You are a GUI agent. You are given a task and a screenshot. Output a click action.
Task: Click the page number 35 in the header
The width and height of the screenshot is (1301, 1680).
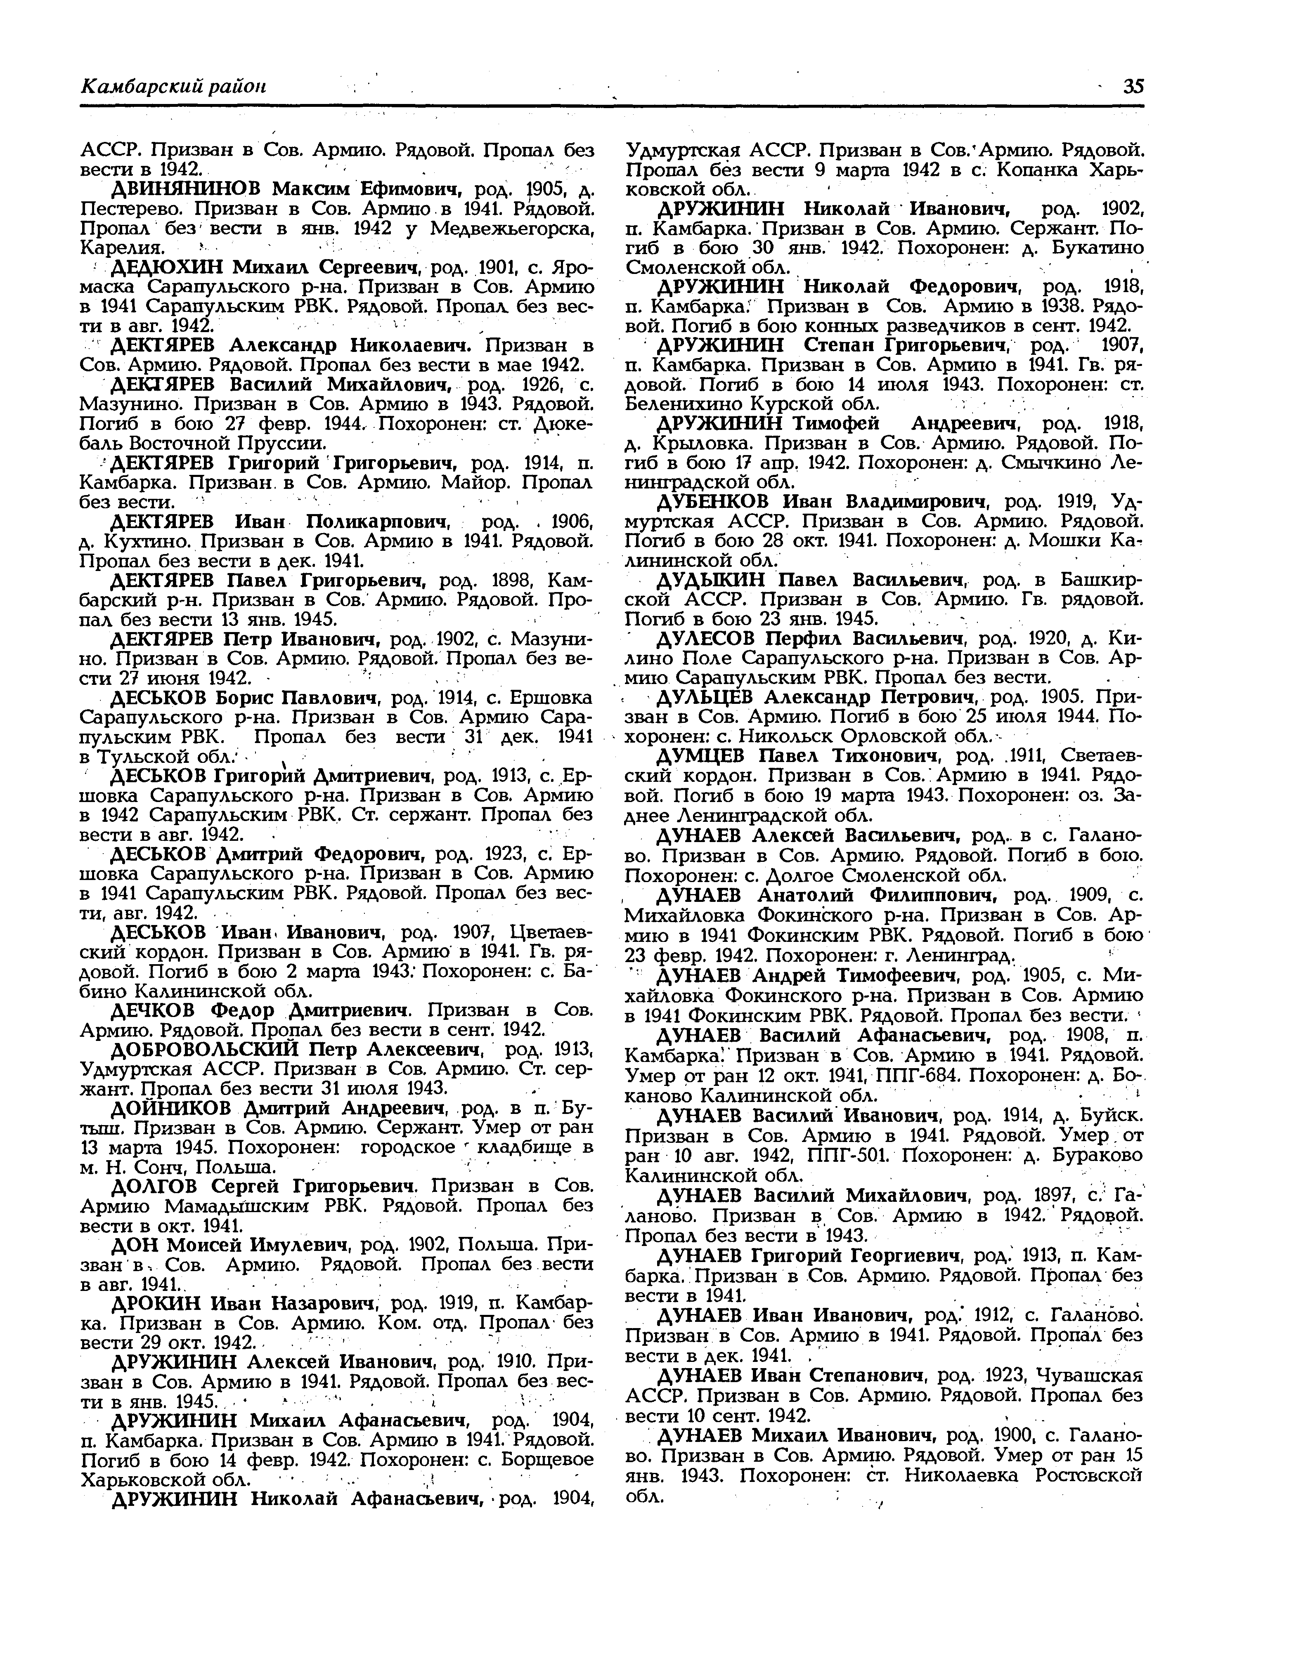(x=1133, y=87)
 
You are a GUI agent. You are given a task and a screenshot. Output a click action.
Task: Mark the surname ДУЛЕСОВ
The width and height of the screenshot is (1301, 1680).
(x=706, y=639)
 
